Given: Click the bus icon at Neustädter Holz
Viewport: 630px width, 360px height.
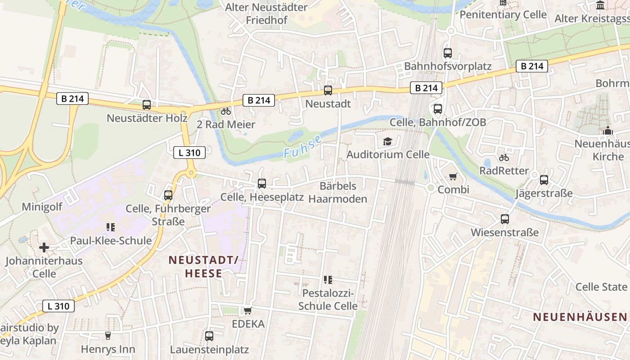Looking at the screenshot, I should (147, 105).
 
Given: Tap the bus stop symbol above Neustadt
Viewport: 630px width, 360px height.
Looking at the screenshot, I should (328, 90).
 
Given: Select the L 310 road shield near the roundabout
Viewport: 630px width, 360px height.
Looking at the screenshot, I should (189, 153).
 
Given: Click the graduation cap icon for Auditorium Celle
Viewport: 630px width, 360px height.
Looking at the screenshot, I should (387, 142).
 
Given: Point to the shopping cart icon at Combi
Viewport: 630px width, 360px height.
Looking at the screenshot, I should (453, 176).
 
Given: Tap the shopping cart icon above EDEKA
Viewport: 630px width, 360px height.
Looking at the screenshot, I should (247, 310).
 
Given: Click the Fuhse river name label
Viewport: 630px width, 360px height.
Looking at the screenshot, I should (303, 147).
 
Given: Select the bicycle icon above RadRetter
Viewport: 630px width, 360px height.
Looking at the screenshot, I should (504, 157).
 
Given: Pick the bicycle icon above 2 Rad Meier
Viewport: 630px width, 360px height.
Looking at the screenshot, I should (226, 111).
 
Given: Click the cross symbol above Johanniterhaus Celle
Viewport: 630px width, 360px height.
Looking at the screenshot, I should (44, 247).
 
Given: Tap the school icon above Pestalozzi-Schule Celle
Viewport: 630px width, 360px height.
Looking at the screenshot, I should (328, 280).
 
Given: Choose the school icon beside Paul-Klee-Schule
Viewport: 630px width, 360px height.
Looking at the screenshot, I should (111, 227).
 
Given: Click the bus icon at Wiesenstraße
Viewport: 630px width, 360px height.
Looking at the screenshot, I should (505, 219).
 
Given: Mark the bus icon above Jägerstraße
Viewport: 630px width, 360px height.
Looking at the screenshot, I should (544, 180).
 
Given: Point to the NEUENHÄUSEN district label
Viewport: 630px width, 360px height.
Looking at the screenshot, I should (580, 317).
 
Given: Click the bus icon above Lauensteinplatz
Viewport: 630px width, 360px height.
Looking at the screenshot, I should (209, 336).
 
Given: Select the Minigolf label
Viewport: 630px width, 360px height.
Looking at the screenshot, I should (42, 207).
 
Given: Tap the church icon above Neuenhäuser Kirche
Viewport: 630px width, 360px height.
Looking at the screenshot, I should (608, 130).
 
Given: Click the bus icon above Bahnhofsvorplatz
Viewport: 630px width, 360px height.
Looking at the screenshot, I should (448, 53).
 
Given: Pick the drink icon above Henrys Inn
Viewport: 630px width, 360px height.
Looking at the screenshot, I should (108, 335).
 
